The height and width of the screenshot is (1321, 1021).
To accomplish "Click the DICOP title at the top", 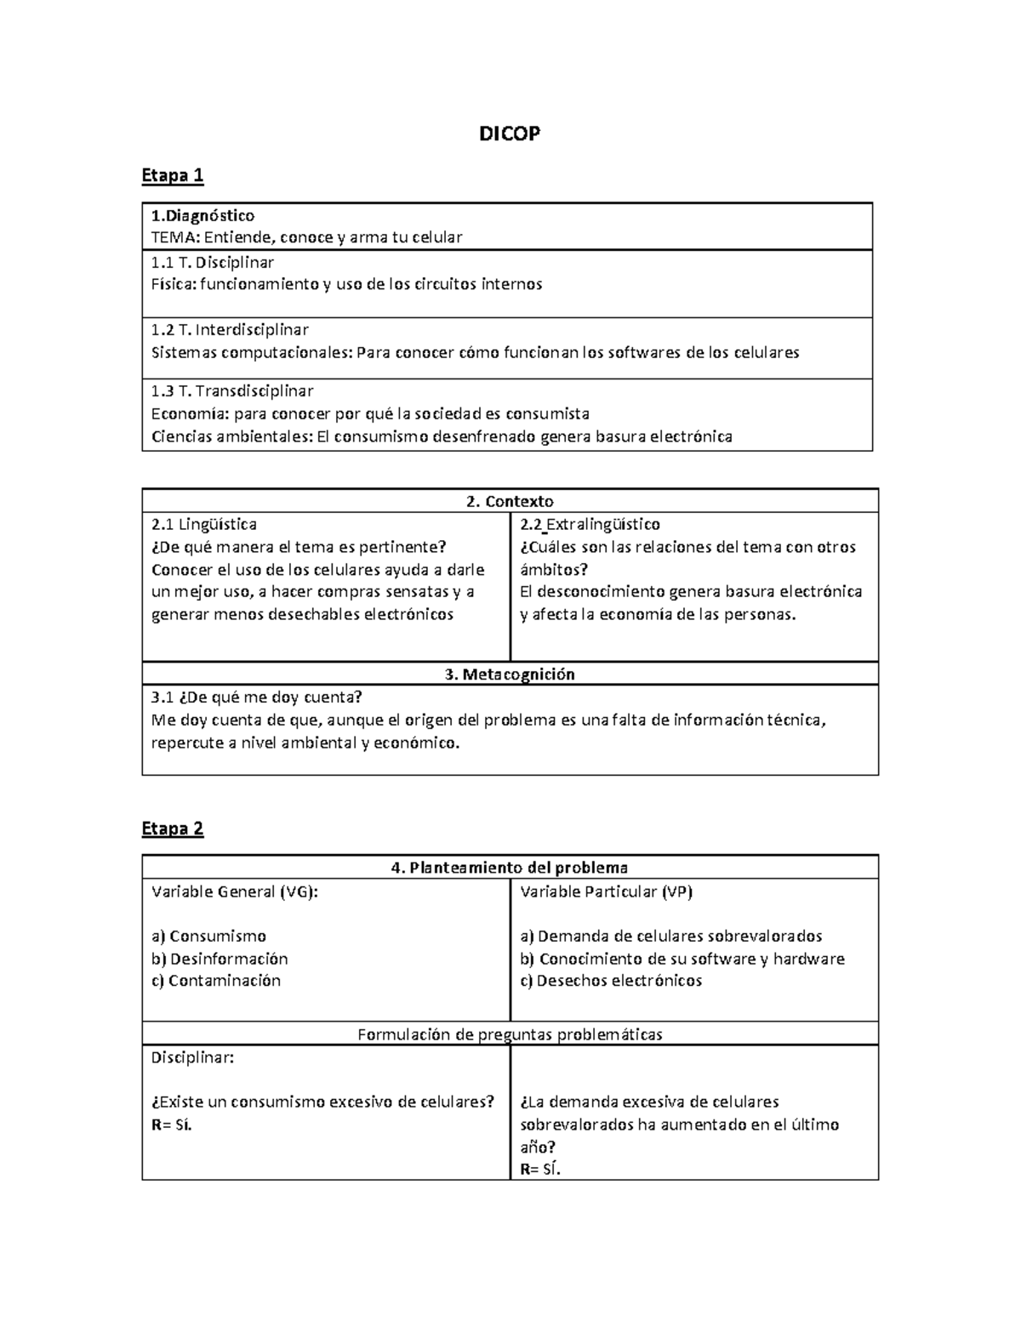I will tap(509, 134).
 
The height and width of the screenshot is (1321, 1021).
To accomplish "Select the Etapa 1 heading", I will tap(173, 175).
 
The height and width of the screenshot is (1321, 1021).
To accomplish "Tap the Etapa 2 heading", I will tap(173, 828).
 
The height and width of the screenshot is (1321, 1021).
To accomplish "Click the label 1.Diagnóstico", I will tap(202, 215).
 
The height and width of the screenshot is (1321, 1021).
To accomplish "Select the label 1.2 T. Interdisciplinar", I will tap(230, 330).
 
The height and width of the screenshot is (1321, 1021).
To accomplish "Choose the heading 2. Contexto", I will tap(510, 501).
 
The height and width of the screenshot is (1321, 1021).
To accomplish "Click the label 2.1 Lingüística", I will tap(204, 524).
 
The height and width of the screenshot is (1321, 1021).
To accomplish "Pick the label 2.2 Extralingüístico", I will tap(590, 524).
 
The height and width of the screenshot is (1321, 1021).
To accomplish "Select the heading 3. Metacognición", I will tap(510, 675).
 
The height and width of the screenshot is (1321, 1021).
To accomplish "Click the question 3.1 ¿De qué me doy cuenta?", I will tap(257, 698).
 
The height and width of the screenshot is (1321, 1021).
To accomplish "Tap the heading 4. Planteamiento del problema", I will tap(510, 868).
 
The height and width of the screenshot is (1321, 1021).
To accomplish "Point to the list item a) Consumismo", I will tap(209, 937).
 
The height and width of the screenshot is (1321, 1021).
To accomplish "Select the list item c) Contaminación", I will tap(216, 981).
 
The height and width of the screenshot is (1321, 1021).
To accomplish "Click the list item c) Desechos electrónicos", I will tap(611, 981).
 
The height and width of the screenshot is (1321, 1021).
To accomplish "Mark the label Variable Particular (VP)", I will tap(607, 891).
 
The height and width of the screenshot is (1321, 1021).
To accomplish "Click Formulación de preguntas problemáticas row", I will tap(510, 1034).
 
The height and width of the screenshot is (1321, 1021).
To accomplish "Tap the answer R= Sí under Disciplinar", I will tap(172, 1125).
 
